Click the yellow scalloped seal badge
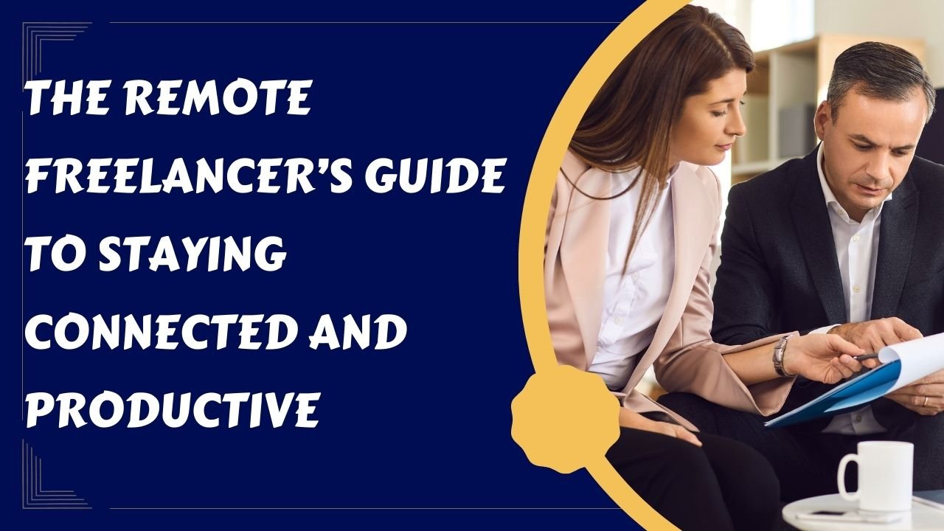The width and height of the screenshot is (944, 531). click(566, 418)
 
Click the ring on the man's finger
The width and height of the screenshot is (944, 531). click(925, 401)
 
